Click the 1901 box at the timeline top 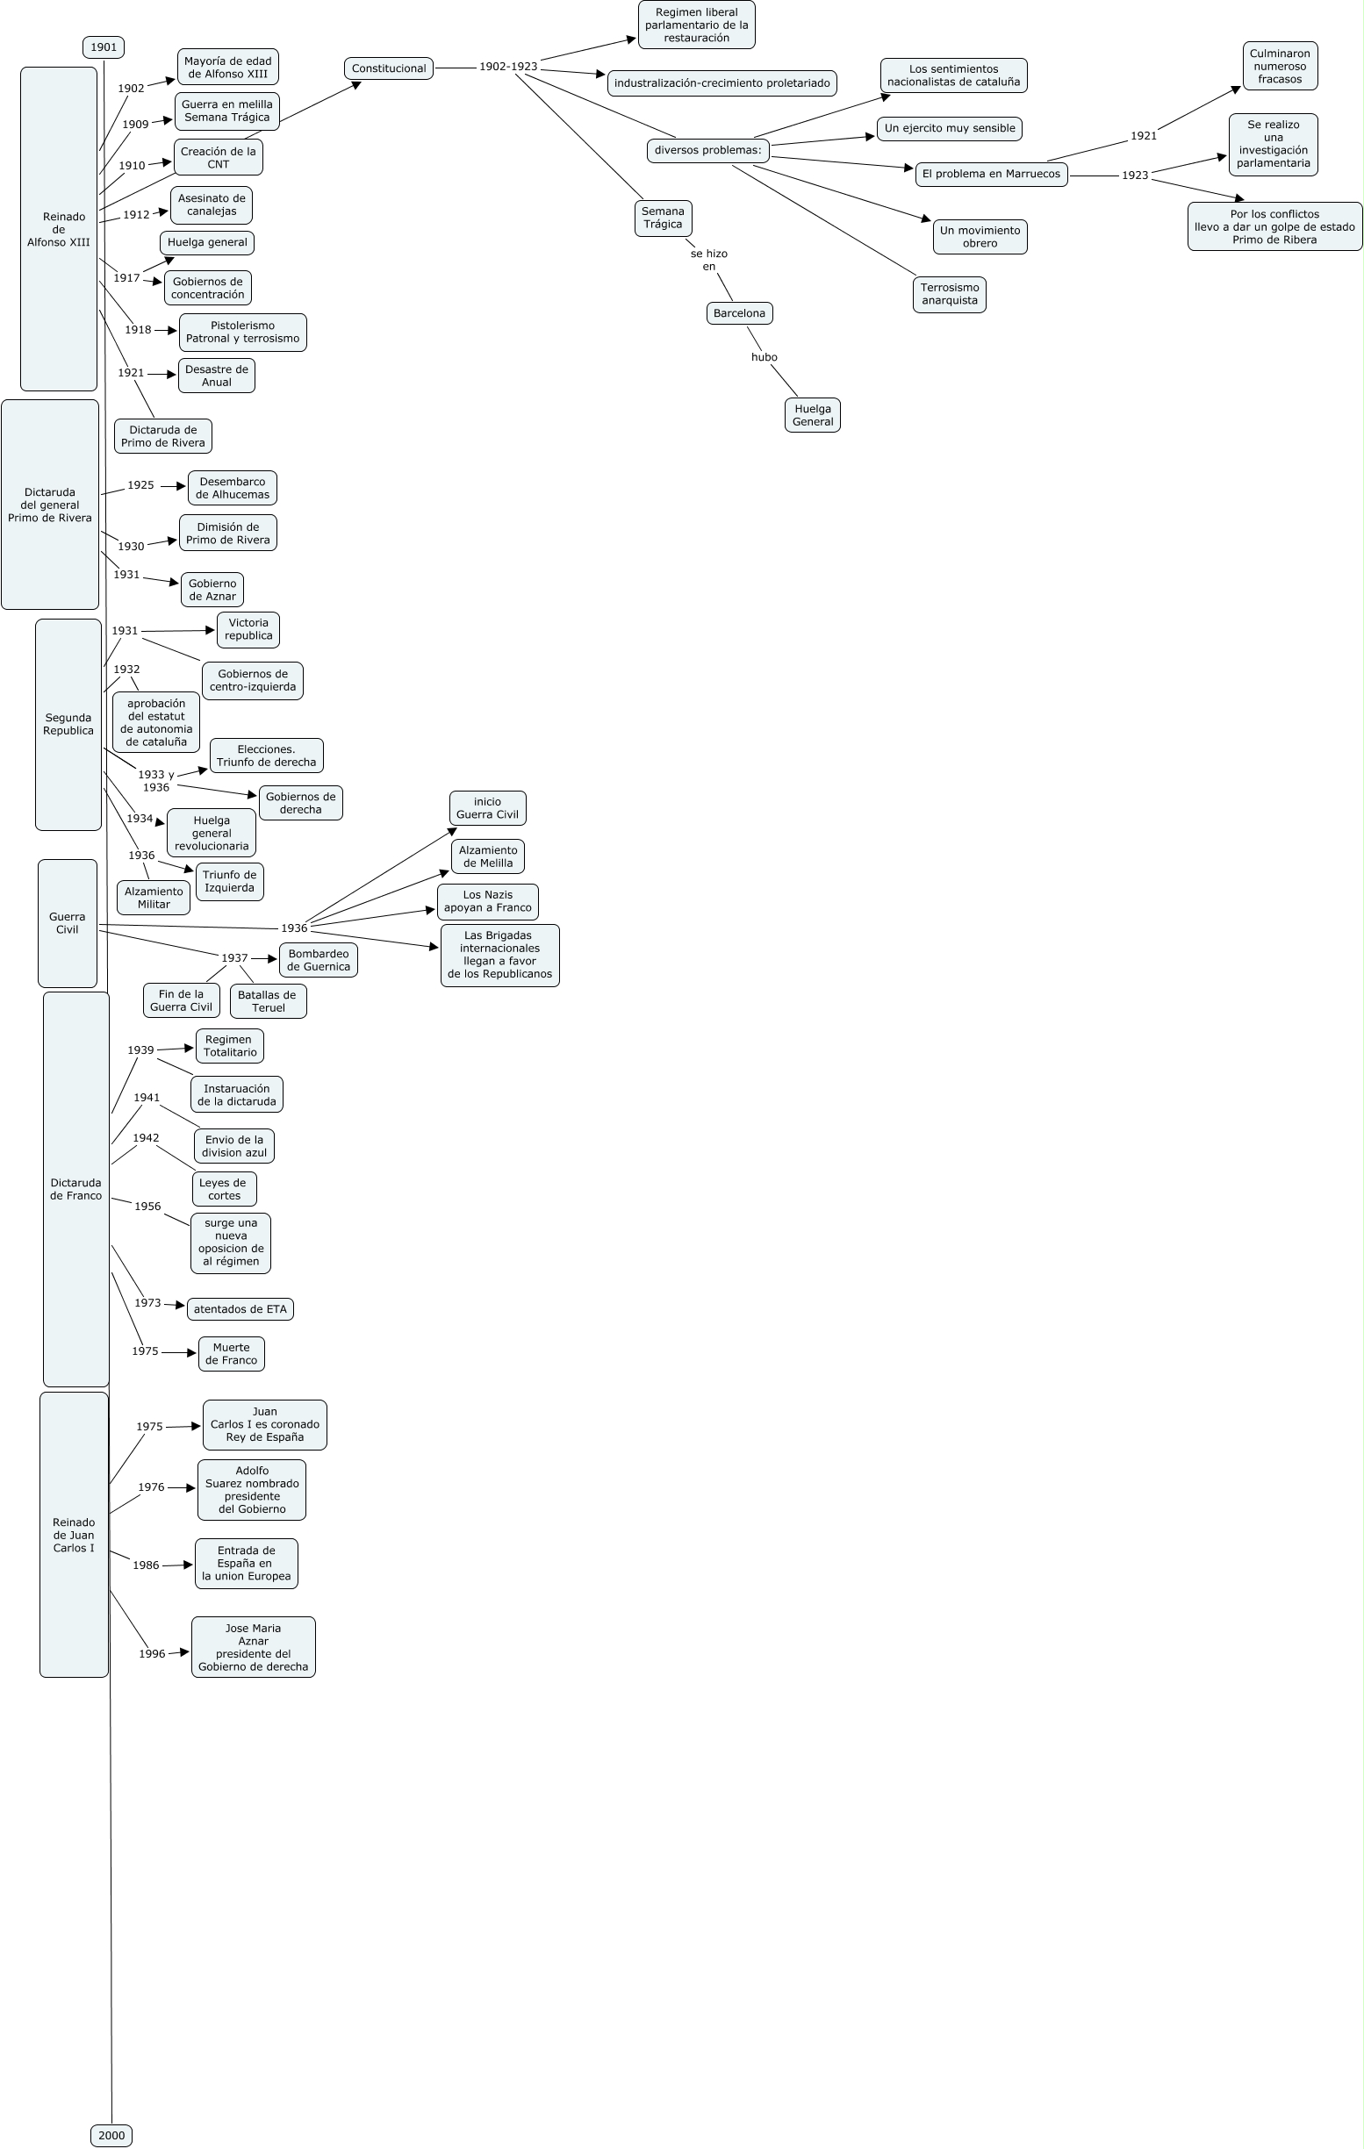click(x=104, y=47)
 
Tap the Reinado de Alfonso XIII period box click(x=59, y=229)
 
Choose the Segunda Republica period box click(x=68, y=724)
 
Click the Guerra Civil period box click(x=67, y=923)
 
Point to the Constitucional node click(x=388, y=68)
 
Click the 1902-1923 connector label click(x=508, y=67)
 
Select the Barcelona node click(x=739, y=313)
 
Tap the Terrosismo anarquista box click(x=949, y=295)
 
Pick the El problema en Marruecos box click(x=991, y=174)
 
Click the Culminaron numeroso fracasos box click(x=1279, y=66)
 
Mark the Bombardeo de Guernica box click(x=319, y=960)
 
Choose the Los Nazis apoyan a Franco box click(x=487, y=901)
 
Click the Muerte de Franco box click(x=231, y=1354)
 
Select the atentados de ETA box click(x=240, y=1309)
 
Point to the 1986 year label click(x=147, y=1565)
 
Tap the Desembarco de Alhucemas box click(x=232, y=488)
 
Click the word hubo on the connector click(x=765, y=357)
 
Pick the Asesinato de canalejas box click(x=212, y=205)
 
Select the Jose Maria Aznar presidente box click(x=254, y=1647)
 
